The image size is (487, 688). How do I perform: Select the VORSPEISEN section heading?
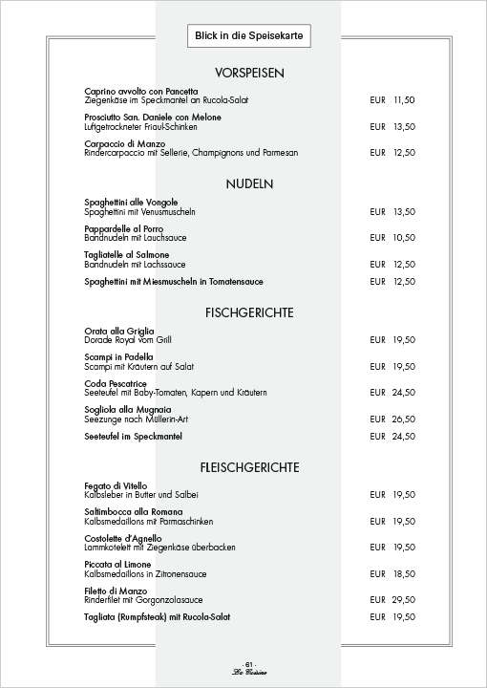tap(250, 74)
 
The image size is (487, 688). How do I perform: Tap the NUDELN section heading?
tap(250, 183)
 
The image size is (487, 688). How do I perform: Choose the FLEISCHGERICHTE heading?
tap(250, 467)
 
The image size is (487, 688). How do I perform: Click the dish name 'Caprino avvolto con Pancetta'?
tap(141, 91)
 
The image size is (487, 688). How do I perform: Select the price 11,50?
tap(404, 99)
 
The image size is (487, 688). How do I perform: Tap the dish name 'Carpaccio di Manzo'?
tap(125, 143)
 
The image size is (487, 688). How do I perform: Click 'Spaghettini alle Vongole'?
tap(131, 203)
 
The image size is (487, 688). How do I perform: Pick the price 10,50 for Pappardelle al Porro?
tap(404, 238)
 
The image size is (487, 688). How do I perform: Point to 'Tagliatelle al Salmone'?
tap(127, 255)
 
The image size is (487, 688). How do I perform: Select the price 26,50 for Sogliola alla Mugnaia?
tap(404, 419)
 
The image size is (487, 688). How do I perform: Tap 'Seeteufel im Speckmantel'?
tap(133, 436)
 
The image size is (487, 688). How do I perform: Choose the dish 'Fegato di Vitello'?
tap(117, 486)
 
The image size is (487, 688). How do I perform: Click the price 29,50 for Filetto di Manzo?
tap(404, 600)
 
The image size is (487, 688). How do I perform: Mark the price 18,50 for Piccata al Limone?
tap(404, 573)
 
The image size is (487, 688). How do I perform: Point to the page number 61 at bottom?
tap(249, 663)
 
